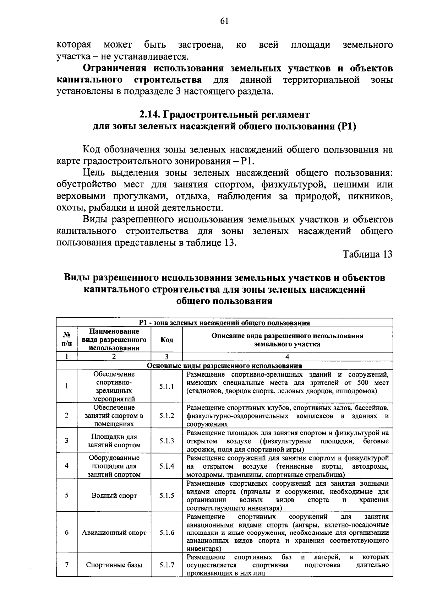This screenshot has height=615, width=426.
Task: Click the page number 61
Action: pos(224,21)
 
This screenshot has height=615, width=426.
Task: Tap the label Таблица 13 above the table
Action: pos(367,254)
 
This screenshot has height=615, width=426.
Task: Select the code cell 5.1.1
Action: pos(166,387)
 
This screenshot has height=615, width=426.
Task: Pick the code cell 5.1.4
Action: pos(166,466)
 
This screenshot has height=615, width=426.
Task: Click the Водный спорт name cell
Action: pos(114,496)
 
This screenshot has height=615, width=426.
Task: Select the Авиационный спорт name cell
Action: pos(114,533)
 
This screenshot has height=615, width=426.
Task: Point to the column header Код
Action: pos(166,340)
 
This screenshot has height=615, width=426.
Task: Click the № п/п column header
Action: pos(67,340)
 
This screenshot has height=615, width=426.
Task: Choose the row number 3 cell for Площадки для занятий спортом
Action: pos(67,441)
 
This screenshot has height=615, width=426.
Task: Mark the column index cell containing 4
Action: pos(287,357)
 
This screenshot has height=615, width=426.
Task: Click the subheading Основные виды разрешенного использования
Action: pos(224,366)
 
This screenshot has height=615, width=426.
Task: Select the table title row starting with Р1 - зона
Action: pos(224,323)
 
